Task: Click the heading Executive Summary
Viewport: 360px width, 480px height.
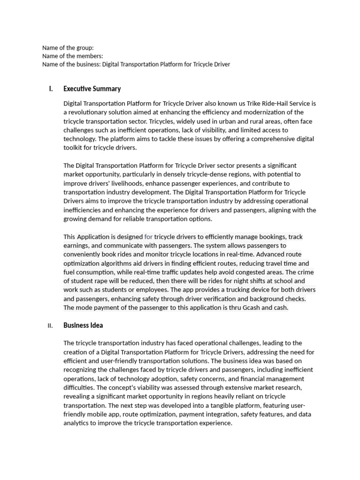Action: [x=92, y=89]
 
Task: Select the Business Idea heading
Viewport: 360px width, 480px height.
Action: [x=83, y=325]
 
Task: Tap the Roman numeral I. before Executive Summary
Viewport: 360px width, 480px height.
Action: [x=51, y=89]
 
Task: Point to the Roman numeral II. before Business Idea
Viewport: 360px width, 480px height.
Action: [x=50, y=326]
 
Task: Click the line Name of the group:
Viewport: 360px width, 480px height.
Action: [x=68, y=47]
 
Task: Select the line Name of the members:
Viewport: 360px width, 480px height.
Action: [x=73, y=56]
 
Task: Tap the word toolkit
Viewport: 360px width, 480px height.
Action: [x=75, y=148]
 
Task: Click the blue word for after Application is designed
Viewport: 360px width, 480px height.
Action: [x=148, y=237]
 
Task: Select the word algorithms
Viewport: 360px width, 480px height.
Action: [x=113, y=263]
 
